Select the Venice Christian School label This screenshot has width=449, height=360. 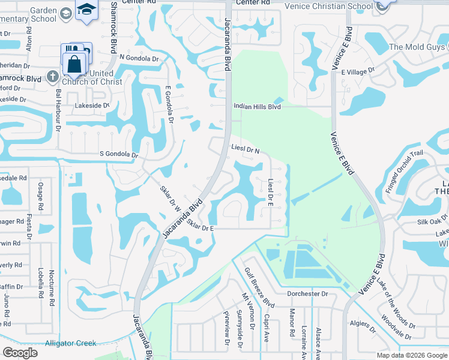(x=339, y=7)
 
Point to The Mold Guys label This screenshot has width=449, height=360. (x=417, y=47)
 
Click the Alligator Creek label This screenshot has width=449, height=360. (x=70, y=344)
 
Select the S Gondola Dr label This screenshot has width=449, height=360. (x=119, y=155)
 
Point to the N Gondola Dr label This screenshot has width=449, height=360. (x=139, y=58)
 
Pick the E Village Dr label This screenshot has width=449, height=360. (x=357, y=71)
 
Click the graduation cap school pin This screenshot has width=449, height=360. (x=86, y=10)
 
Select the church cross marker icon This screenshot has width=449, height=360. (x=53, y=77)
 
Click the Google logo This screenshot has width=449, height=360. (x=20, y=352)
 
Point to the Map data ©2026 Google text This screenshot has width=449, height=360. (x=412, y=355)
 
